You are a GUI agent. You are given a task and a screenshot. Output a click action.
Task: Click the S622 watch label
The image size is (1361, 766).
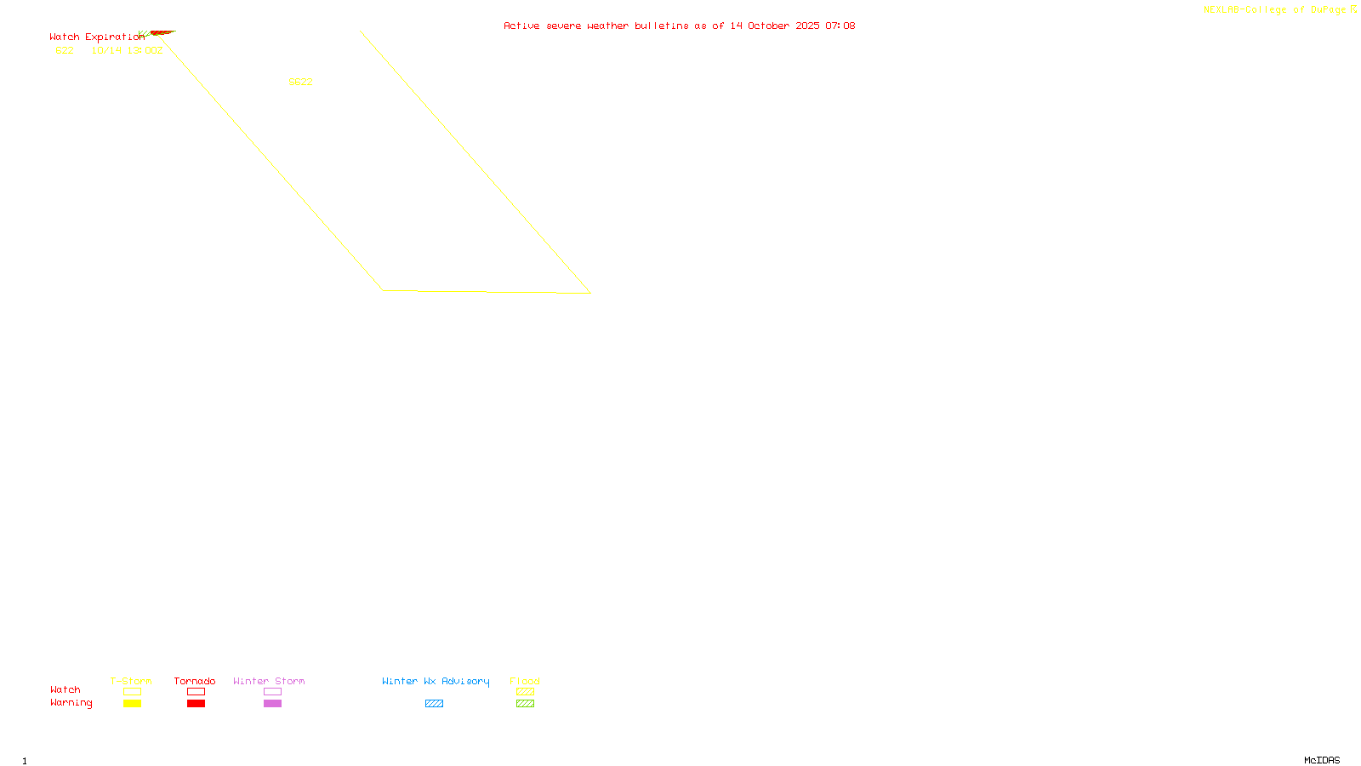click(300, 82)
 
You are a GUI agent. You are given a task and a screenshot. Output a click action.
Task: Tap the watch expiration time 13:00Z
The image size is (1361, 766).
click(145, 51)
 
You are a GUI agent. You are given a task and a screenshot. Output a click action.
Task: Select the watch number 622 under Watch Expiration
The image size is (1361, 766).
click(65, 51)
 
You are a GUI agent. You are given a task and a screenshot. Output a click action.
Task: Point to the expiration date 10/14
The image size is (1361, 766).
click(106, 51)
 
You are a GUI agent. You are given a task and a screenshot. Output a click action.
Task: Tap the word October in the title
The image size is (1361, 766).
click(768, 26)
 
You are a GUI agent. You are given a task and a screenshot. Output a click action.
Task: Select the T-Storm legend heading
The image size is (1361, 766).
click(131, 681)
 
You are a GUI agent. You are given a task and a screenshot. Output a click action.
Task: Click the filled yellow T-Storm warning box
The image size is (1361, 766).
click(132, 704)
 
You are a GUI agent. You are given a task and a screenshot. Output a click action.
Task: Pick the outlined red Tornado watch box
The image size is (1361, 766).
click(196, 692)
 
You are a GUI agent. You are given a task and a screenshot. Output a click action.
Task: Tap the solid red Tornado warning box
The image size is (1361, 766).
click(196, 704)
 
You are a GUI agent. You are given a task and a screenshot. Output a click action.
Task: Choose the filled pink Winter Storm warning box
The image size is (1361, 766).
click(272, 704)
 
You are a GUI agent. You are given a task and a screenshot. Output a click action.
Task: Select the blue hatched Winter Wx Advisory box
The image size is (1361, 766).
click(434, 704)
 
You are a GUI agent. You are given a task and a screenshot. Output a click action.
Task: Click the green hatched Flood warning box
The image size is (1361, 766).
click(525, 704)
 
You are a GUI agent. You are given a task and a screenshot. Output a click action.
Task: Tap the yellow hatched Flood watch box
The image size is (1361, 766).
click(525, 692)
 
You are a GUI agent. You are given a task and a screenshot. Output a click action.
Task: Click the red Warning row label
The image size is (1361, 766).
click(71, 703)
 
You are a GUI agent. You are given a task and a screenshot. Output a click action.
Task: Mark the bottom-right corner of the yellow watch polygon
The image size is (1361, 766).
click(590, 293)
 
